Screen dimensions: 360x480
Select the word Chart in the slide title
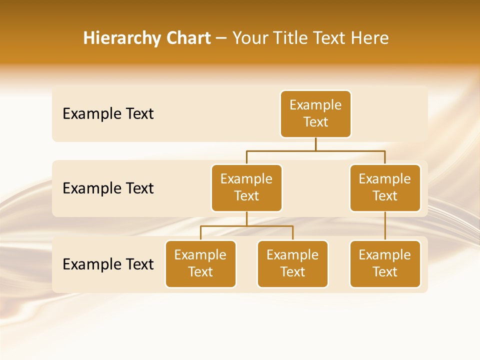(x=187, y=38)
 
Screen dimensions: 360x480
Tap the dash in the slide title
(x=221, y=38)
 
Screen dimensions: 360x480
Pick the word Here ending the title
(x=369, y=38)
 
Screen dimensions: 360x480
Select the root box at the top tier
(x=315, y=114)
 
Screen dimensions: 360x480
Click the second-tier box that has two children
(x=246, y=188)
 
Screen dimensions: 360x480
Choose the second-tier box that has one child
(x=385, y=188)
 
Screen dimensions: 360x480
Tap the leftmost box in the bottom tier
(x=200, y=264)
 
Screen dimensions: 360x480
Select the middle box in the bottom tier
(x=292, y=264)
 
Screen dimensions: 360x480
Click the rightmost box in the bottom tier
(x=385, y=264)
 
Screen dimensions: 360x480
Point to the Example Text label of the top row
(x=108, y=114)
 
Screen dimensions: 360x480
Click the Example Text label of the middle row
(x=108, y=188)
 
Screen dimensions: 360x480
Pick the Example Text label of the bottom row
(x=108, y=264)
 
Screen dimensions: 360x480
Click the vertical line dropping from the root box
(x=315, y=144)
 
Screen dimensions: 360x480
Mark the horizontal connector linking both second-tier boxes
(x=315, y=150)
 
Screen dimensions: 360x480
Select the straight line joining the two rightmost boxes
(x=385, y=226)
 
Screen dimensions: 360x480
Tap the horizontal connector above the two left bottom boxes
(x=246, y=226)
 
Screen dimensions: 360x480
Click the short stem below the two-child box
(x=246, y=219)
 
